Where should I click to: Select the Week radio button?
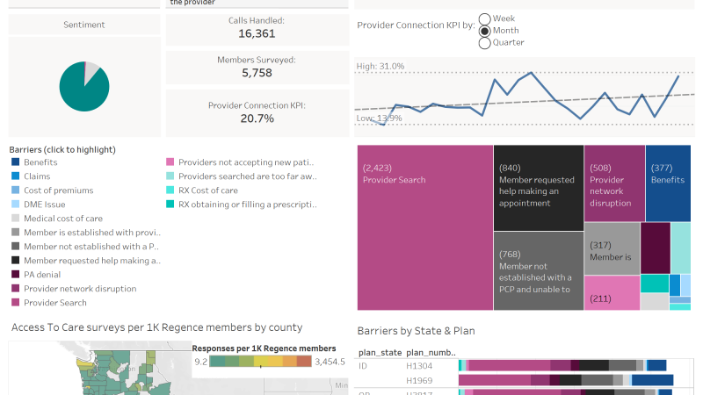pos(485,18)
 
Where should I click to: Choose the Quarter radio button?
pos(485,42)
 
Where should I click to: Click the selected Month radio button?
pos(485,31)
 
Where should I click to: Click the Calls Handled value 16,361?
pos(257,33)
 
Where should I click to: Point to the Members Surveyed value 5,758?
pos(257,73)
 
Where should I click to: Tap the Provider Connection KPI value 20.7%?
pos(257,118)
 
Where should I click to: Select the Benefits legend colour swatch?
pos(16,162)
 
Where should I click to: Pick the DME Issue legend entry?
pos(43,205)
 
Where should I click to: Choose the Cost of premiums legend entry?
pos(57,190)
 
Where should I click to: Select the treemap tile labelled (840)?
pos(538,186)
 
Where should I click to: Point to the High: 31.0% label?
pos(380,67)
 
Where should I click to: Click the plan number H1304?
pos(420,365)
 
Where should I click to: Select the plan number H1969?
pos(420,380)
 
